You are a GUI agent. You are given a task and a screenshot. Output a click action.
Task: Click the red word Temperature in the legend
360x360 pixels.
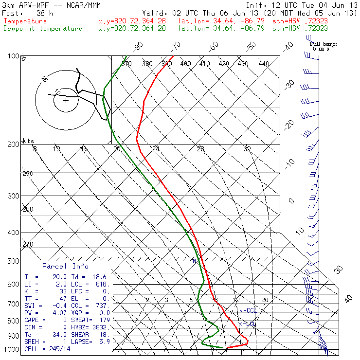[x=25, y=21]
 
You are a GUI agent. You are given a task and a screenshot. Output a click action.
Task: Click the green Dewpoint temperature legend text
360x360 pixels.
[x=43, y=28]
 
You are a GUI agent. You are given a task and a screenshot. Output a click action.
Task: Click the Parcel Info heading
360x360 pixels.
[x=65, y=266]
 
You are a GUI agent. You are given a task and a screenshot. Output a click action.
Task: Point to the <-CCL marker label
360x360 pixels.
[x=248, y=310]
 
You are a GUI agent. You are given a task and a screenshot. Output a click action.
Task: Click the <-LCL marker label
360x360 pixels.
[x=247, y=324]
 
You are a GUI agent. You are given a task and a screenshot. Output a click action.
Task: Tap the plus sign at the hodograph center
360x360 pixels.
[x=66, y=100]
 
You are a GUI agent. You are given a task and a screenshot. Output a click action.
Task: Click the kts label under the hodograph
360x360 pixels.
[x=29, y=141]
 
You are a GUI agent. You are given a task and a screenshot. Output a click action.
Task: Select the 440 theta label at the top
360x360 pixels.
[x=264, y=64]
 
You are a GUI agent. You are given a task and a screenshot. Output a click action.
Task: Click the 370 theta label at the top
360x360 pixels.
[x=126, y=64]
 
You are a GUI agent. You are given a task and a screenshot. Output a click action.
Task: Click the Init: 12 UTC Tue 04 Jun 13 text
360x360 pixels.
[x=302, y=5]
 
